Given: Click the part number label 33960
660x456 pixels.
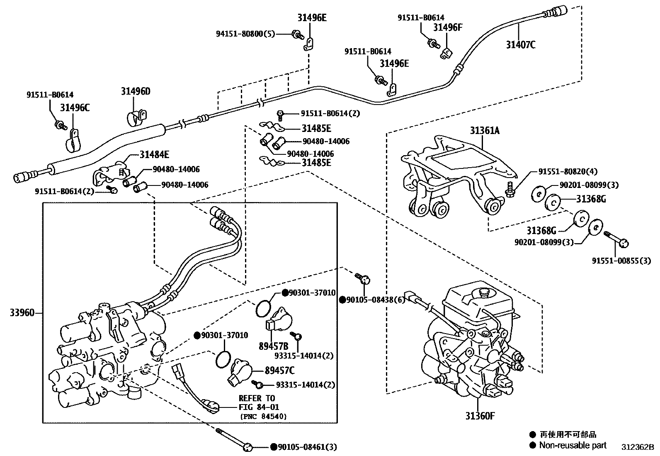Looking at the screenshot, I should click(x=22, y=312).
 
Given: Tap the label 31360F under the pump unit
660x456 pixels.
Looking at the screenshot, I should click(x=480, y=416).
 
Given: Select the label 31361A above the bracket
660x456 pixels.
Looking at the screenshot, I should click(x=485, y=131).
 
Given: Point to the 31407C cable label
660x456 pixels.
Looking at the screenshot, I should click(x=520, y=44).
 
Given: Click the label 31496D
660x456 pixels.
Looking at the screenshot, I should click(x=136, y=91).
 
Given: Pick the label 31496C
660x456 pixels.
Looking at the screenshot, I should click(x=75, y=108).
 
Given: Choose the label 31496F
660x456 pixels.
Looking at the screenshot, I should click(x=447, y=27).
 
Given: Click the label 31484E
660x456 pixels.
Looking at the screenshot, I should click(x=154, y=155).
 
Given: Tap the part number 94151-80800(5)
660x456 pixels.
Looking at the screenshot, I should click(x=245, y=34).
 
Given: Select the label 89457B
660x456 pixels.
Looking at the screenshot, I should click(x=273, y=346).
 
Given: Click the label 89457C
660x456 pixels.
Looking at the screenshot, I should click(x=280, y=371).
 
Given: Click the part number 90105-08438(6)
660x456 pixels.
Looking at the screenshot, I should click(x=375, y=300).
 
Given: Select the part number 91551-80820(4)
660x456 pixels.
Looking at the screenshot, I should click(x=568, y=171).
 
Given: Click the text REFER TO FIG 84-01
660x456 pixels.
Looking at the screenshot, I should click(x=257, y=403).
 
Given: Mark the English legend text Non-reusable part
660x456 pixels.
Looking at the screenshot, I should click(x=573, y=446).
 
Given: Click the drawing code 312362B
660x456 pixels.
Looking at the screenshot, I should click(x=637, y=447).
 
